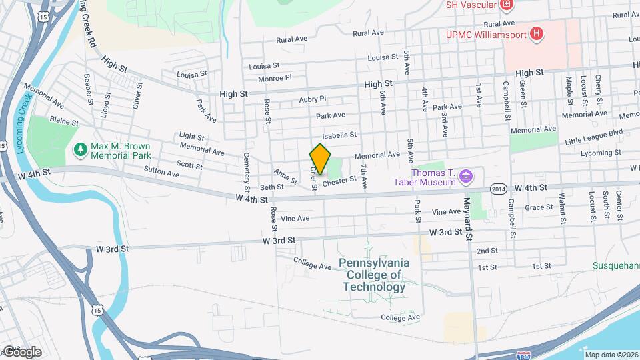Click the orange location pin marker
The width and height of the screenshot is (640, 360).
pyautogui.click(x=321, y=159)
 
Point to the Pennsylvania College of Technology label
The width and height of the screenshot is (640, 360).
pyautogui.click(x=373, y=275)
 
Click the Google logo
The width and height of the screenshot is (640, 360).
pyautogui.click(x=22, y=351)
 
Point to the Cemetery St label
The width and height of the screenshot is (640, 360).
pyautogui.click(x=247, y=169)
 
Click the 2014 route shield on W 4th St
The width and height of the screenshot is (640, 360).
pyautogui.click(x=495, y=189)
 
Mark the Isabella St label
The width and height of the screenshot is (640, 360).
pyautogui.click(x=341, y=135)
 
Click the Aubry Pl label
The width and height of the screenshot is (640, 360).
pyautogui.click(x=313, y=99)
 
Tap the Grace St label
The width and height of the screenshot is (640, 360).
pyautogui.click(x=539, y=207)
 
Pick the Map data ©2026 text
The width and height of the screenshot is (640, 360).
pyautogui.click(x=611, y=355)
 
